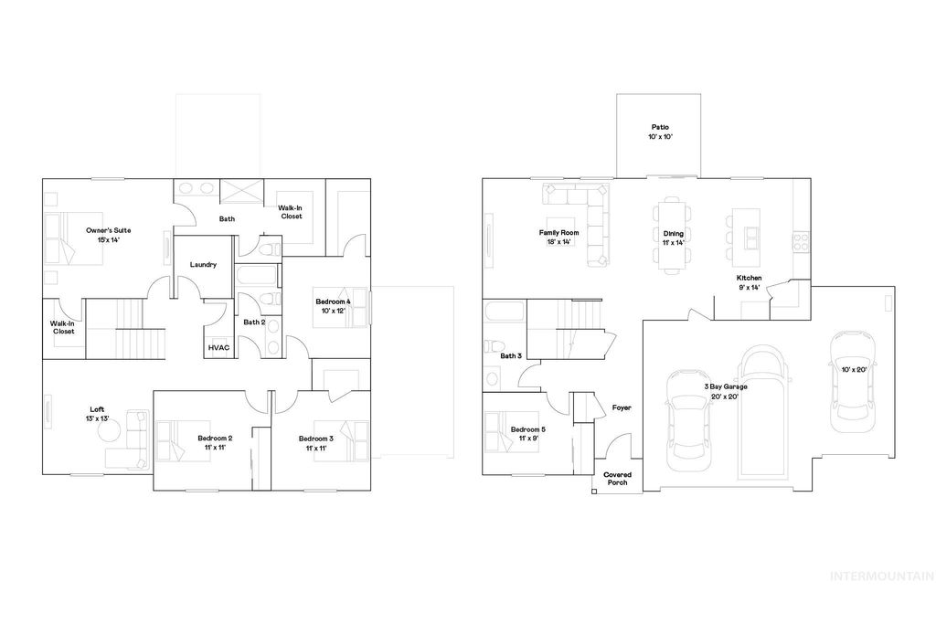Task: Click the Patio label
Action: [x=661, y=132]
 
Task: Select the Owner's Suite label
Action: [x=105, y=234]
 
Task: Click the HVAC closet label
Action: [x=218, y=348]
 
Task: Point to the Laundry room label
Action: [x=203, y=265]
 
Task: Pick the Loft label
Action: [x=97, y=414]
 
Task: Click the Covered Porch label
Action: [x=618, y=478]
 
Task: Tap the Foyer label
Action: [x=622, y=408]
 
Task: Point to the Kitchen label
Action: [x=750, y=282]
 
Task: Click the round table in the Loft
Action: [x=115, y=455]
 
